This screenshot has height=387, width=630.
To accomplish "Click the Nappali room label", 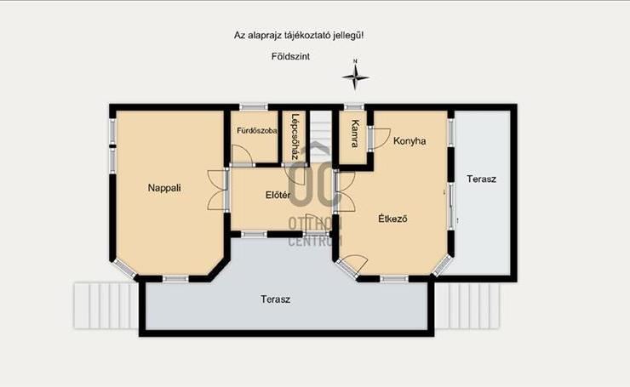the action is [x=164, y=188].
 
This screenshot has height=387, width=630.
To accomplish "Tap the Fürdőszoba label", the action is [x=257, y=131].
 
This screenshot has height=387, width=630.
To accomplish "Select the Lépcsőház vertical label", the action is [x=295, y=137].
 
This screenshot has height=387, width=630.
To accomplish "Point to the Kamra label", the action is [x=355, y=134].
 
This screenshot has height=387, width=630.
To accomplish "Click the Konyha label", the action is [x=409, y=141].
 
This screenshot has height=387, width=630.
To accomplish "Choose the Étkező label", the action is [x=393, y=219].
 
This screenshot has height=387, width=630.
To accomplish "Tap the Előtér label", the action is [x=278, y=195].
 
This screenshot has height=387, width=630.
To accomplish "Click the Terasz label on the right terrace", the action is [x=481, y=179].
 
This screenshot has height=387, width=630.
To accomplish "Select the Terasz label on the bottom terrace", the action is [x=275, y=299].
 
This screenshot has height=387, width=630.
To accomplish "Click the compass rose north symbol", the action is [x=356, y=77].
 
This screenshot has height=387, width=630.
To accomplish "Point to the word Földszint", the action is [x=290, y=57].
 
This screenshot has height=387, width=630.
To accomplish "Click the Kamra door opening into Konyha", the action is [x=381, y=139].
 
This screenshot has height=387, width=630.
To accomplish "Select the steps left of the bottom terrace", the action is [x=106, y=305].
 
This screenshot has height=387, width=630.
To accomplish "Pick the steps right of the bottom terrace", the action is [x=467, y=306].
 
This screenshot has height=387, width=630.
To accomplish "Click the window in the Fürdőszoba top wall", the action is [x=254, y=107].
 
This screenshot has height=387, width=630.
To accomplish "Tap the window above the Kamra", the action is [x=354, y=107].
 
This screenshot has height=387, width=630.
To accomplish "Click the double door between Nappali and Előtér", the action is [x=218, y=190].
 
